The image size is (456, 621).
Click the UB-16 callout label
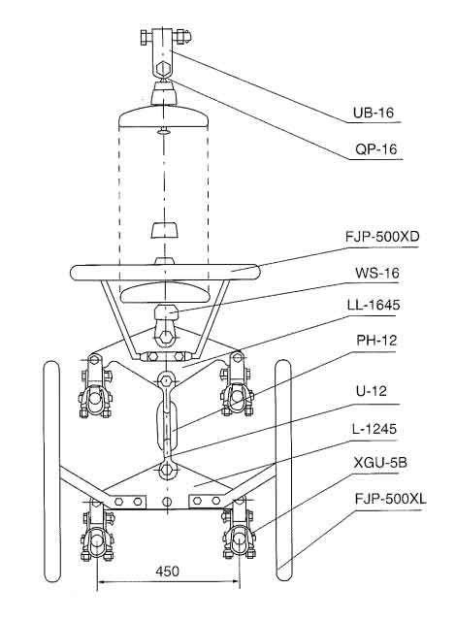coord(374,113)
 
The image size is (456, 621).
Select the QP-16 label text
coord(375,149)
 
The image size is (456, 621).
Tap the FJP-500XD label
coord(382,237)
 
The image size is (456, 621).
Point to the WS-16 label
coord(377,273)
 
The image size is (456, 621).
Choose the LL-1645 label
coord(374,305)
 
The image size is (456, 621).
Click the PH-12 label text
coord(376,341)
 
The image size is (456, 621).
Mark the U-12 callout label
coord(372,391)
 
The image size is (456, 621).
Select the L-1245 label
coord(375,429)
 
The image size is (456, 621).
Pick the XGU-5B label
coord(380,462)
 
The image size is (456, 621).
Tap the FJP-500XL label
coord(390,499)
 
